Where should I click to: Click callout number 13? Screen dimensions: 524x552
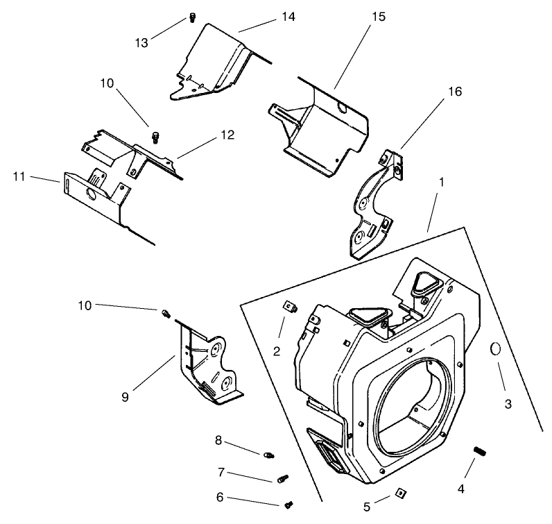pos(142,43)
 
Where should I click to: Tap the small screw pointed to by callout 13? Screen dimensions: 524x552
pos(190,19)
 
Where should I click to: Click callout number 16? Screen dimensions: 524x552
pos(454,92)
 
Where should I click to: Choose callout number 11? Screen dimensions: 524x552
pos(19,177)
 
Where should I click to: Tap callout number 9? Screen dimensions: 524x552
pos(125,397)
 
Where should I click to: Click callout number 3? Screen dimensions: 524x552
pos(508,404)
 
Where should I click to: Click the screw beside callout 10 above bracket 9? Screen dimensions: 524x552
pos(166,314)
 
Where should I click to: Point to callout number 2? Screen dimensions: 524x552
pos(277,351)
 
